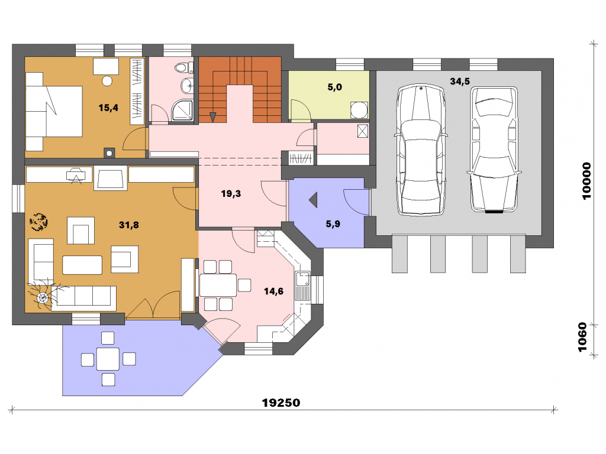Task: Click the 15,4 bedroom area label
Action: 108,108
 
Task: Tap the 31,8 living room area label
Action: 128,225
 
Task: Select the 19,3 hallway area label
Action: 231,193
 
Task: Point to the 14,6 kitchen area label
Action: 273,291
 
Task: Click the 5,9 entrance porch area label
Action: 333,224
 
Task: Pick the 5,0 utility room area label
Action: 335,87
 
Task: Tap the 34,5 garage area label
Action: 460,81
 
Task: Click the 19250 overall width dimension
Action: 281,403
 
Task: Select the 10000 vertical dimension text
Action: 586,181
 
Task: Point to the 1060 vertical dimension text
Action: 582,338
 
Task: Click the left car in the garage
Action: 421,150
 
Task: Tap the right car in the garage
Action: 494,150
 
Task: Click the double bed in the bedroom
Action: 54,112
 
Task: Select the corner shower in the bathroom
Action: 182,110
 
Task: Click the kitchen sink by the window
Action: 302,286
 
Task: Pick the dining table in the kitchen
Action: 218,286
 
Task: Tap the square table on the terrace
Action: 108,359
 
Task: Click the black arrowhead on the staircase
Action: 212,117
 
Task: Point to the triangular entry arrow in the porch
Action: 314,200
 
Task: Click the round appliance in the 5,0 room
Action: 359,110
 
